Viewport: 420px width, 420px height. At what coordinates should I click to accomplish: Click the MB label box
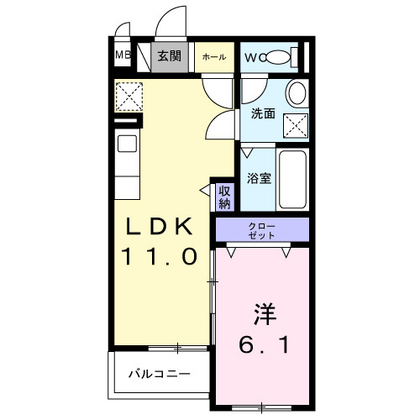pyautogui.click(x=123, y=57)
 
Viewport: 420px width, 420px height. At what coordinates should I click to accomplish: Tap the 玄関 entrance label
pyautogui.click(x=171, y=56)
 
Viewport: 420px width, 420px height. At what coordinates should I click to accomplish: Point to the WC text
pyautogui.click(x=255, y=57)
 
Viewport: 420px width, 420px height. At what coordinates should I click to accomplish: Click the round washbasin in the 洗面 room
pyautogui.click(x=296, y=92)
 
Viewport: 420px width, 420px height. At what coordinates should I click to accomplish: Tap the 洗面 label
pyautogui.click(x=262, y=113)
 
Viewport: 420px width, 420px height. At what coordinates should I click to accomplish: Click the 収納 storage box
pyautogui.click(x=224, y=197)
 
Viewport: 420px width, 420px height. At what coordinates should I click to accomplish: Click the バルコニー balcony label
pyautogui.click(x=159, y=373)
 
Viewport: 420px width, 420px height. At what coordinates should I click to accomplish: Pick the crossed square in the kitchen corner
pyautogui.click(x=129, y=97)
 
